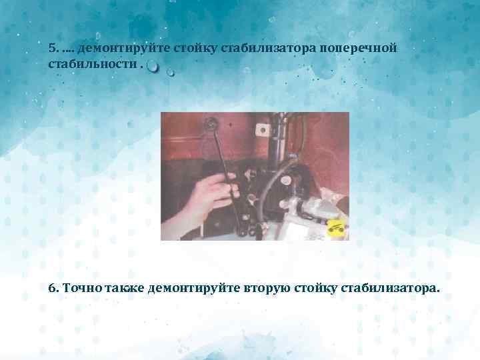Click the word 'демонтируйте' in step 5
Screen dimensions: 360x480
123,49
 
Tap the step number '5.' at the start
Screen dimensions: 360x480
54,49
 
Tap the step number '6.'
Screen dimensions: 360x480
54,288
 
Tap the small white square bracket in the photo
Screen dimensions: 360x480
299,227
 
